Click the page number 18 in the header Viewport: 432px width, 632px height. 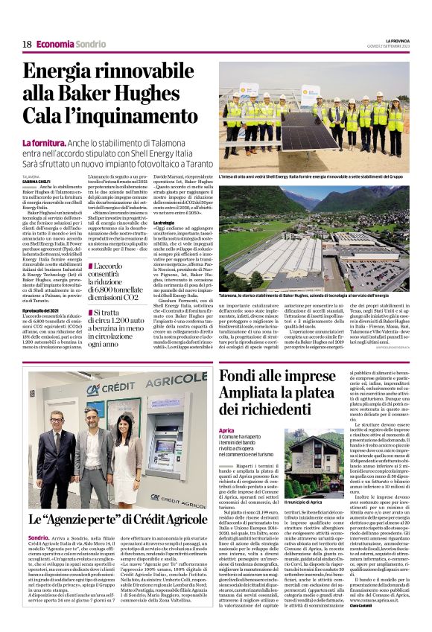point(26,44)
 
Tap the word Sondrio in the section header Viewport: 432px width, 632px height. point(90,44)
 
